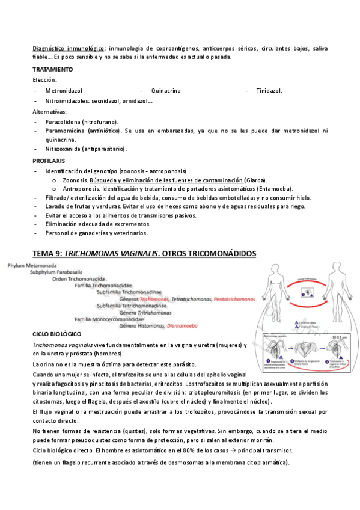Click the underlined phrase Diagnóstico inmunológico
(x=69, y=48)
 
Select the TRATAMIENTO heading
(x=53, y=69)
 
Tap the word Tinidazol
(x=269, y=91)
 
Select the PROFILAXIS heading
(x=49, y=161)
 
